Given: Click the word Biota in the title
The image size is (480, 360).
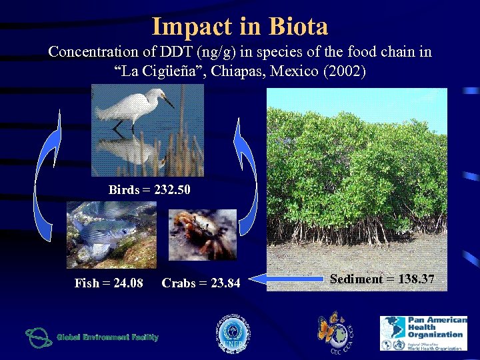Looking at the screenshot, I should click(299, 27).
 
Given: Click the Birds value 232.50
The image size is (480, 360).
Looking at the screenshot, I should click(172, 190).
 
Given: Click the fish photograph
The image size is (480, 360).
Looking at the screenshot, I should click(111, 234).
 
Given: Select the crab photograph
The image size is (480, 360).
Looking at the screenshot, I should click(202, 234).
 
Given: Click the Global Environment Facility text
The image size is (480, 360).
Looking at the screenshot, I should click(107, 337).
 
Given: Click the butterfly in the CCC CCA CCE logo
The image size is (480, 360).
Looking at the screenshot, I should click(330, 328).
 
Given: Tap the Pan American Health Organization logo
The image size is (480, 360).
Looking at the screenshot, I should click(423, 333).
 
